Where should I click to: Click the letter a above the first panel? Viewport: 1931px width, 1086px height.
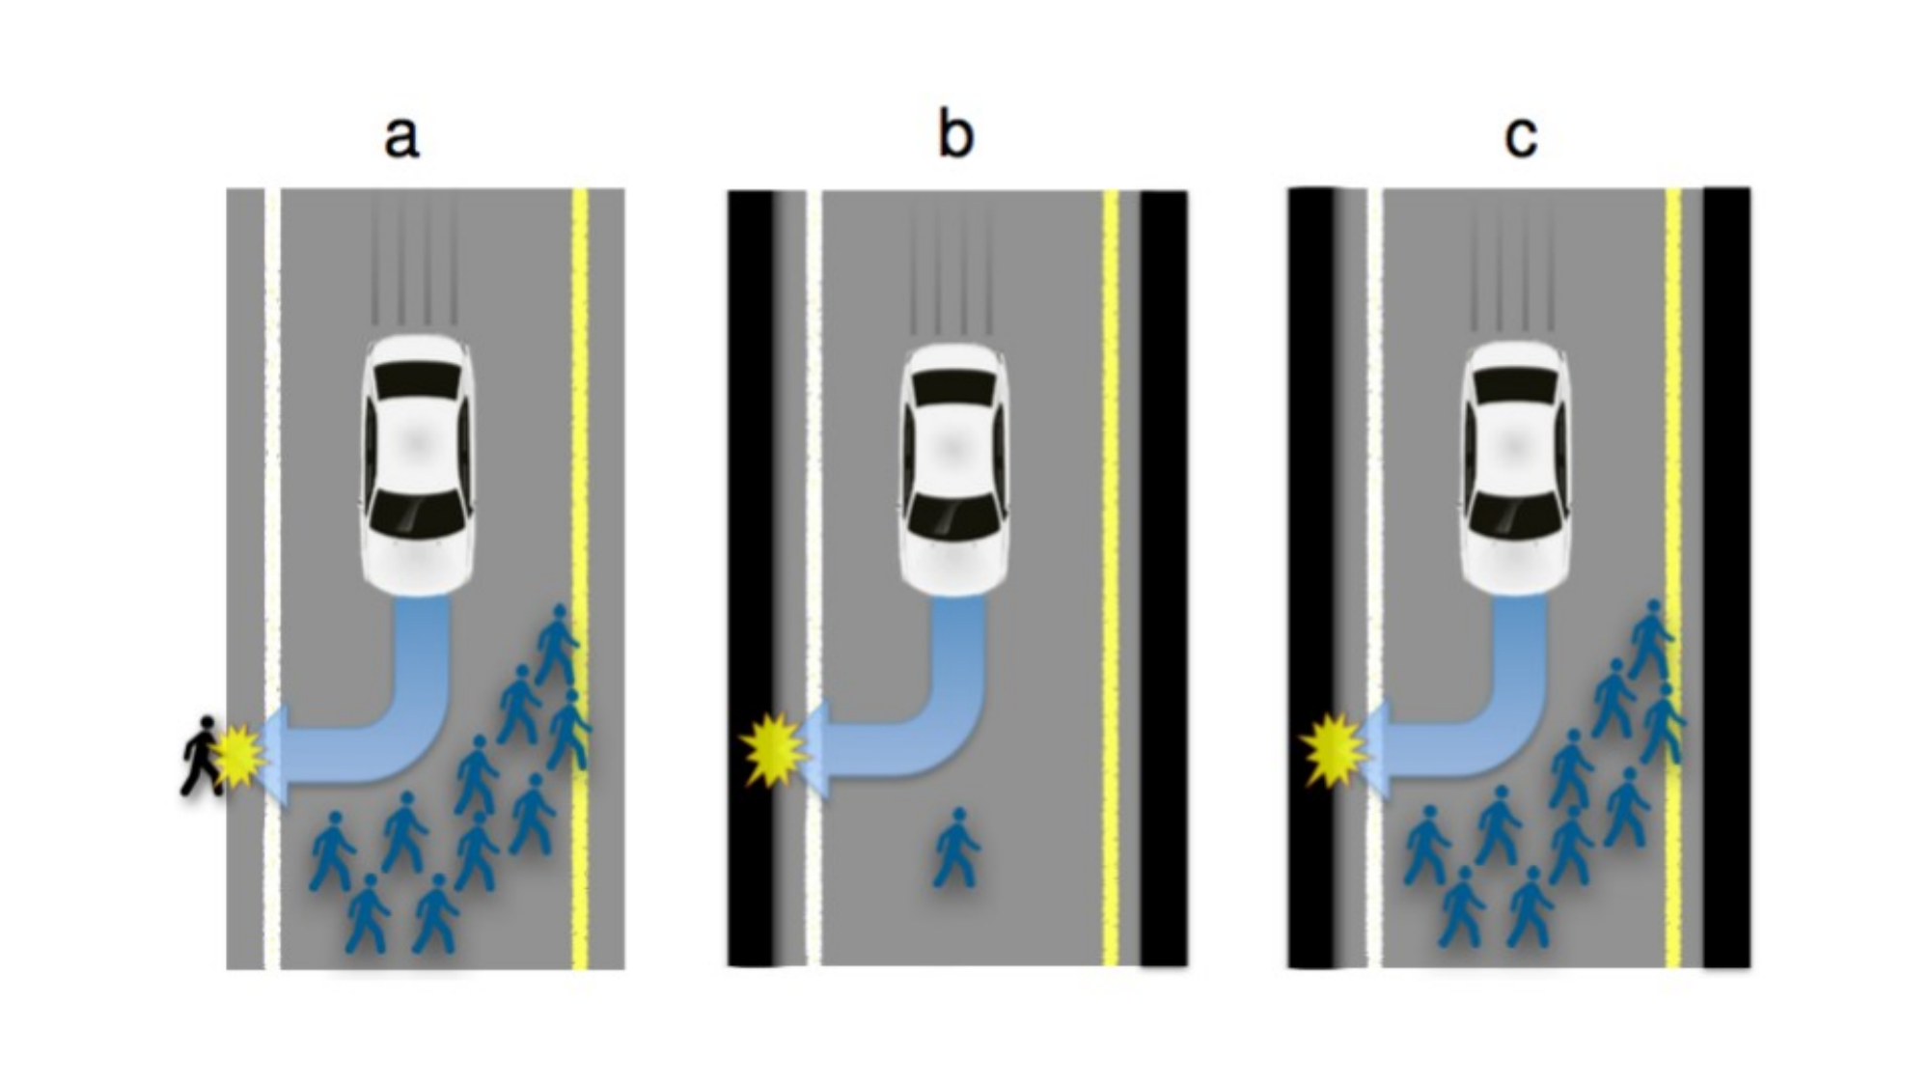point(401,137)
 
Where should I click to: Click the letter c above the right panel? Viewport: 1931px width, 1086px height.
point(1520,138)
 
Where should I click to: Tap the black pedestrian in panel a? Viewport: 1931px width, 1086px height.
point(202,756)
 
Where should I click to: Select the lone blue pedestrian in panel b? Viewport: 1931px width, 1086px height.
point(956,849)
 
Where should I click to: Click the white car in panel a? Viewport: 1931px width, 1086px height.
point(418,465)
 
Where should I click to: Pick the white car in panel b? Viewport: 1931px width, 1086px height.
point(954,469)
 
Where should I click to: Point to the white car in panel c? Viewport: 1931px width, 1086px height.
point(1515,465)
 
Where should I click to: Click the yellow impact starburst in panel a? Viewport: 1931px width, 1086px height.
point(239,756)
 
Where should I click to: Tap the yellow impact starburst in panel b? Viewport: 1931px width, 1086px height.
point(773,750)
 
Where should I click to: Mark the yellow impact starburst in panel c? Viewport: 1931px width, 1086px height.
point(1334,750)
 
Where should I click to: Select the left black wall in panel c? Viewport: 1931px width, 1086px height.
point(1311,577)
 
